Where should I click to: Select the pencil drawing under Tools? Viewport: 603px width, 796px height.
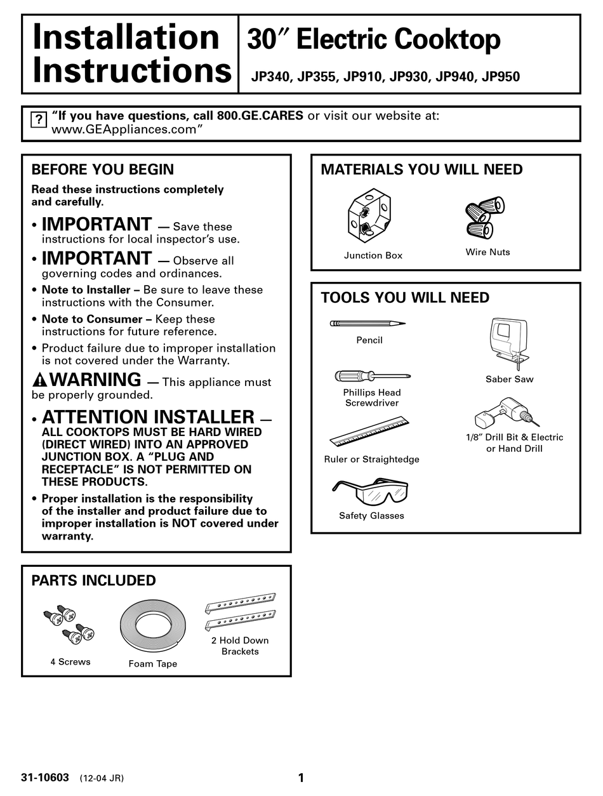[x=368, y=324]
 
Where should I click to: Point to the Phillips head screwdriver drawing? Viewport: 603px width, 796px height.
[x=372, y=376]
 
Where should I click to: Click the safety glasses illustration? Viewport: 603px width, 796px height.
[x=370, y=491]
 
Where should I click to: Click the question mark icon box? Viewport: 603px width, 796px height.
[x=39, y=119]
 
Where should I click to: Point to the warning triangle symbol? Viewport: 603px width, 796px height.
[x=39, y=381]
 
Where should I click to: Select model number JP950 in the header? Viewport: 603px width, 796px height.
[x=501, y=77]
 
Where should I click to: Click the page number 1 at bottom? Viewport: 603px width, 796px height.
[x=301, y=778]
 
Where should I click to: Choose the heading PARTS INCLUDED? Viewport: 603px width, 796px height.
[x=93, y=580]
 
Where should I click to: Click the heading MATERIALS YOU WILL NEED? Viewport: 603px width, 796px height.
[x=421, y=169]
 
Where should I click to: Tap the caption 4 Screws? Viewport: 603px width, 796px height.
[x=70, y=661]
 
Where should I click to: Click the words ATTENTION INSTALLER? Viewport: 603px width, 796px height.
[x=148, y=417]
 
